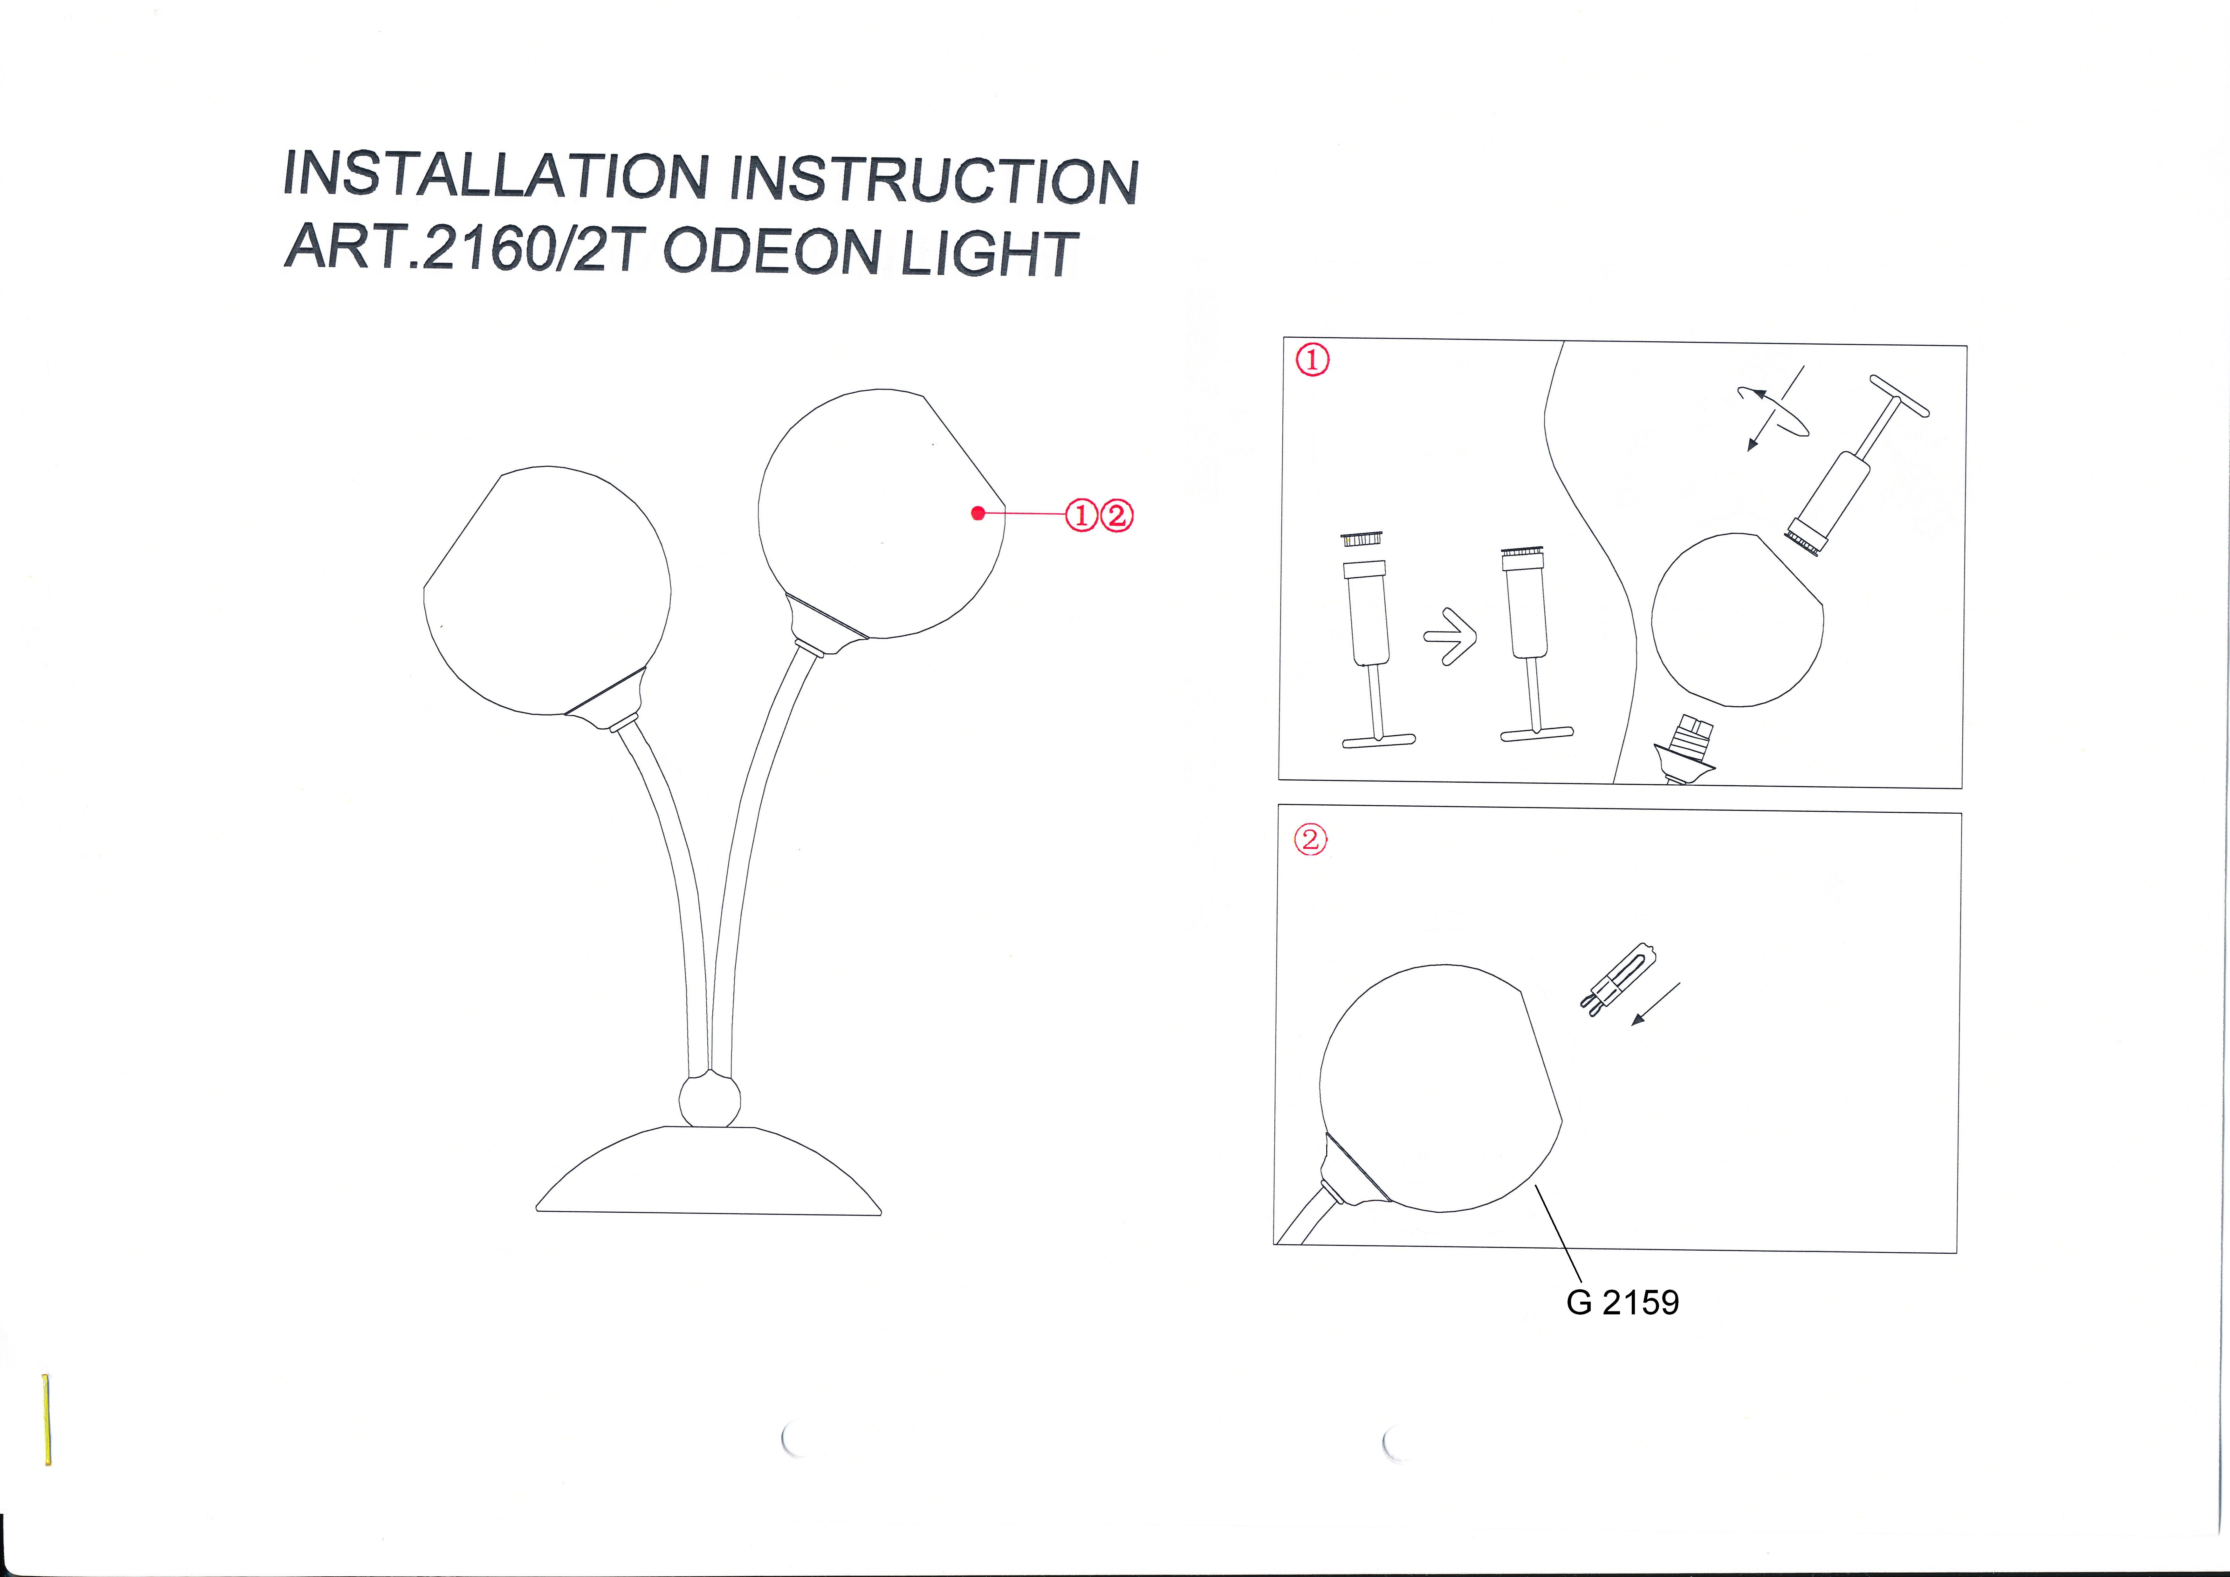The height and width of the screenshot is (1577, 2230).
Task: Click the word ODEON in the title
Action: [771, 252]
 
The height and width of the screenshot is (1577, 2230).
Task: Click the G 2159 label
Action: [1622, 1302]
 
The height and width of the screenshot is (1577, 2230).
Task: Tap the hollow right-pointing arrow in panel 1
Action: [1450, 637]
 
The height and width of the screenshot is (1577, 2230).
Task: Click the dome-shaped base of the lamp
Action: [709, 1171]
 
